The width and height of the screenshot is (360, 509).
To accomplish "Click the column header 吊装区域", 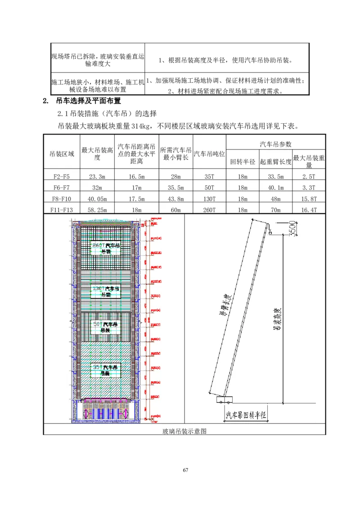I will (62, 154).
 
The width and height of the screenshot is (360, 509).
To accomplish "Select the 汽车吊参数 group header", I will (275, 144).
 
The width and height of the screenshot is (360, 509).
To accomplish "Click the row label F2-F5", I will (62, 177).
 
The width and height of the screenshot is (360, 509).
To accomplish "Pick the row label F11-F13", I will (62, 210).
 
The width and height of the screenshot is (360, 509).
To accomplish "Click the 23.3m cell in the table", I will (97, 177).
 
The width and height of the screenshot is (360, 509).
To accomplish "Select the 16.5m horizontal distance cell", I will (136, 177).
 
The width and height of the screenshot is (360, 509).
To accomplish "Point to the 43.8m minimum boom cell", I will (175, 199).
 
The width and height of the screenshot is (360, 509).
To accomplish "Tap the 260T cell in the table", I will (209, 210).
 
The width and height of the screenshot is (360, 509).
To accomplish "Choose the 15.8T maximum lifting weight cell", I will (309, 199).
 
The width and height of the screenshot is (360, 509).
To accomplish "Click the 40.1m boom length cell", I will (275, 188).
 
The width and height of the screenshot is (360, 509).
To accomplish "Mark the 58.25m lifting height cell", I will (97, 210).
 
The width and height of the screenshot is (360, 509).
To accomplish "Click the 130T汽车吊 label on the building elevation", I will (106, 291).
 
